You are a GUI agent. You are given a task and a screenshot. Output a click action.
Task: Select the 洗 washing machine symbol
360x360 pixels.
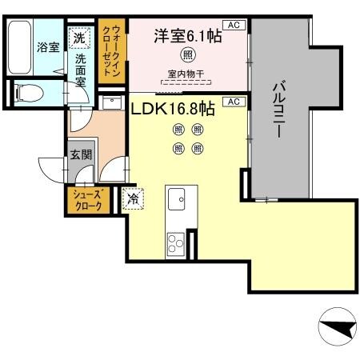79,37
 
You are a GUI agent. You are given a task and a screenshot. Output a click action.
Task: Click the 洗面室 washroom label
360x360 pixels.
81,70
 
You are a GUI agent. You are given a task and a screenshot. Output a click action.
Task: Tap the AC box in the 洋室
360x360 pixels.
234,26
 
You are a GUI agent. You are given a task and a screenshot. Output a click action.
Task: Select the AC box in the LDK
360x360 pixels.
234,102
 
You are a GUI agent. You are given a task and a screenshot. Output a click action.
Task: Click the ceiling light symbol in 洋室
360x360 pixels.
186,56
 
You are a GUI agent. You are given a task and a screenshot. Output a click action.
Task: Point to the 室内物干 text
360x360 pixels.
186,74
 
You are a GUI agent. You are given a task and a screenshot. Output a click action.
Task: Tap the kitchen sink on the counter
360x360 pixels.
176,197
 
